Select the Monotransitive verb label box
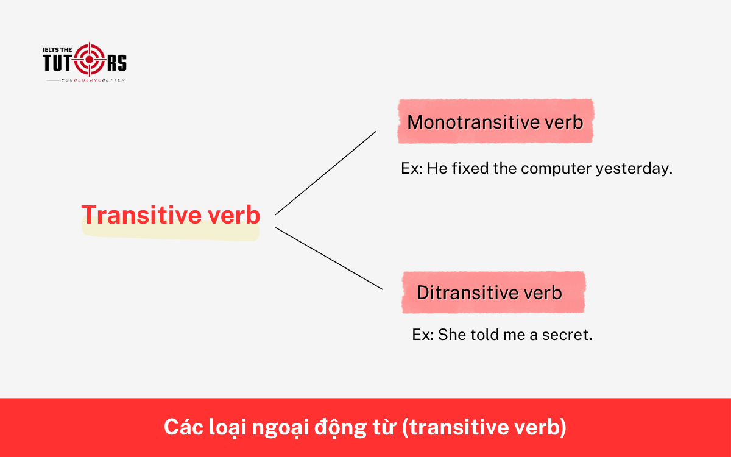(495, 122)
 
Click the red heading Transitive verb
(171, 215)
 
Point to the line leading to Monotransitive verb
(325, 173)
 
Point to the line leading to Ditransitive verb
(329, 258)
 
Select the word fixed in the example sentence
(470, 169)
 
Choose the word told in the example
(484, 335)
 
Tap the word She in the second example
(451, 335)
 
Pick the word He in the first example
(436, 169)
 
